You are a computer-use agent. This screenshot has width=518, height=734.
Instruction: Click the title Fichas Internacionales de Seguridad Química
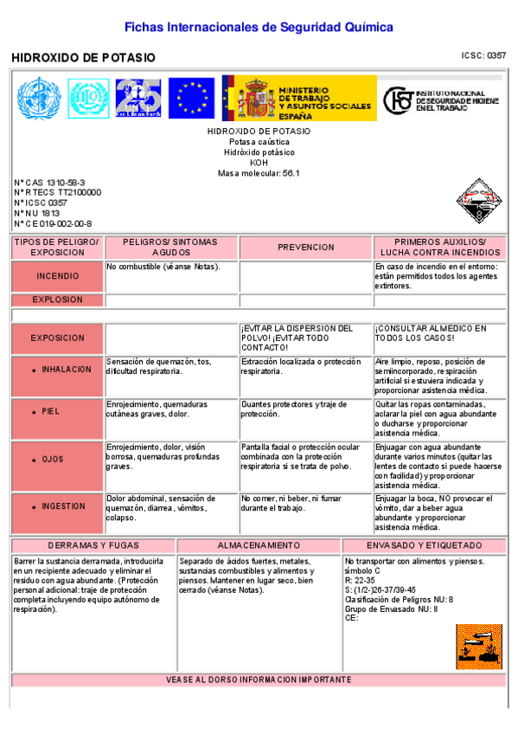(259, 28)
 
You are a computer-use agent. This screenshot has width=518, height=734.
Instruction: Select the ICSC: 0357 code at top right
(483, 55)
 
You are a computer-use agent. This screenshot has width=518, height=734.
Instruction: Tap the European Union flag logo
(191, 98)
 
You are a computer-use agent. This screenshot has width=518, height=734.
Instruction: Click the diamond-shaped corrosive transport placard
(476, 199)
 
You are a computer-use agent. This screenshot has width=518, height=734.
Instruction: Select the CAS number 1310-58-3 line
(50, 183)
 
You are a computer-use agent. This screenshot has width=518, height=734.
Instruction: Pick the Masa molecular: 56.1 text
(259, 173)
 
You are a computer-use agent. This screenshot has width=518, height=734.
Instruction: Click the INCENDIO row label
(57, 276)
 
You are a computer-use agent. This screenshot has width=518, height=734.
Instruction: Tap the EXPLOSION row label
(57, 299)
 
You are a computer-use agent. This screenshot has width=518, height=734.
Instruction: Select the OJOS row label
(52, 460)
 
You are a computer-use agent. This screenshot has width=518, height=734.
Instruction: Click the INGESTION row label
(63, 506)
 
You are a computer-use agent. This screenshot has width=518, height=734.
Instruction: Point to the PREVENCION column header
(305, 248)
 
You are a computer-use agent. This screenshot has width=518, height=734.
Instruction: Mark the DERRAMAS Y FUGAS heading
(93, 546)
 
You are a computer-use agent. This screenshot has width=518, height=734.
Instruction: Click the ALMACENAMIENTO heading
(259, 546)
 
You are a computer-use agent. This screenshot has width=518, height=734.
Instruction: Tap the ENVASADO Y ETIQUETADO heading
(424, 546)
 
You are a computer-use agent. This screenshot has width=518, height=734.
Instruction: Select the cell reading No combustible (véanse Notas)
(163, 266)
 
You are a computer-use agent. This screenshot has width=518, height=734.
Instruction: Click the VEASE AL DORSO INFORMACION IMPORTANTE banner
(259, 680)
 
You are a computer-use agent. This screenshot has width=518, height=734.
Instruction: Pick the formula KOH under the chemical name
(259, 163)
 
